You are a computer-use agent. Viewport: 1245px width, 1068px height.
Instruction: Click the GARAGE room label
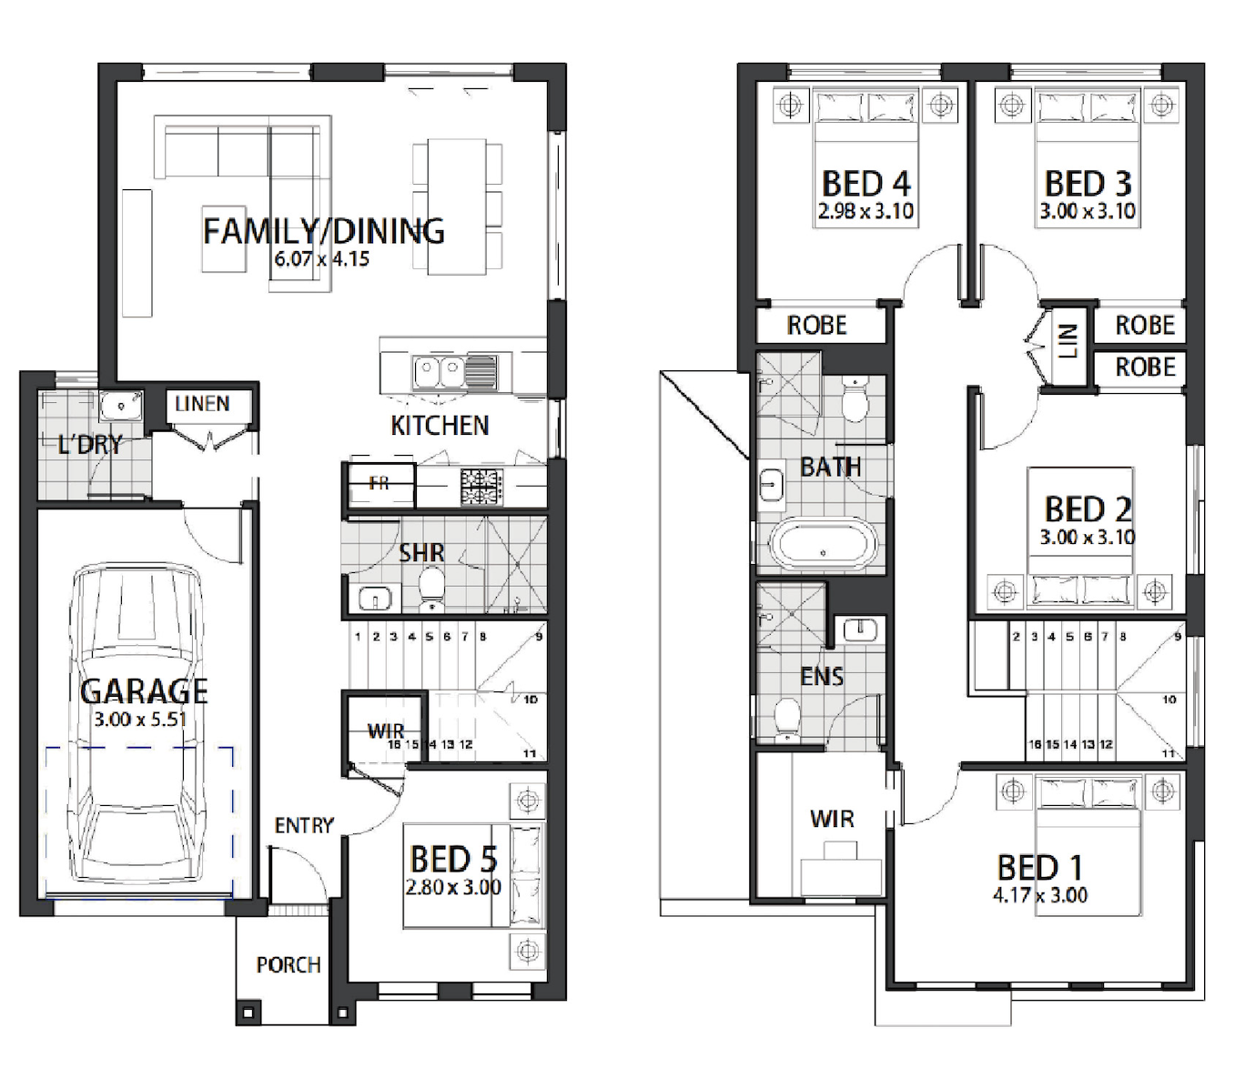coord(144,691)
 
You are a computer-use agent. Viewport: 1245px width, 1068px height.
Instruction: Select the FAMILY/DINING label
coord(323,231)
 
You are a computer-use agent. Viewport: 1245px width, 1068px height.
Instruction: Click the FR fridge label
coord(379,483)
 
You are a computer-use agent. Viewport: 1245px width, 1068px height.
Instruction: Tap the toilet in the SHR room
coord(431,589)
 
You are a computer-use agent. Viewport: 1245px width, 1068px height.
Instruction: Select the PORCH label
coord(288,965)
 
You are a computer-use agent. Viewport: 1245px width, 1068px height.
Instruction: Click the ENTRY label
coord(304,825)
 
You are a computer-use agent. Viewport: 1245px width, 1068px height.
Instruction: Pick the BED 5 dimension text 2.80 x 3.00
coord(453,887)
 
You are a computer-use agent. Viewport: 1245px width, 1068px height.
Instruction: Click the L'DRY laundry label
coord(90,445)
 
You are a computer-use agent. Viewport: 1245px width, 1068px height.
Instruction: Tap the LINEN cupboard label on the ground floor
coord(202,403)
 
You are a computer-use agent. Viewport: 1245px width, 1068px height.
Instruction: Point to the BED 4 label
coord(866,184)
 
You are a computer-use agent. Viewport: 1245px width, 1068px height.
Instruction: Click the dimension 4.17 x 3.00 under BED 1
coord(1040,895)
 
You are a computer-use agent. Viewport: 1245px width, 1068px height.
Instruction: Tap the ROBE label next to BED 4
coord(816,326)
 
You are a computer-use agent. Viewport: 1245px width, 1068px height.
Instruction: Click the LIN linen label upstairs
coord(1068,341)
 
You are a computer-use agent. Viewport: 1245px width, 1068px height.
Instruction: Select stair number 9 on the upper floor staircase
coord(1178,637)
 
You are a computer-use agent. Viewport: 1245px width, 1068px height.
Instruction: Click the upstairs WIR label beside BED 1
coord(832,819)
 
